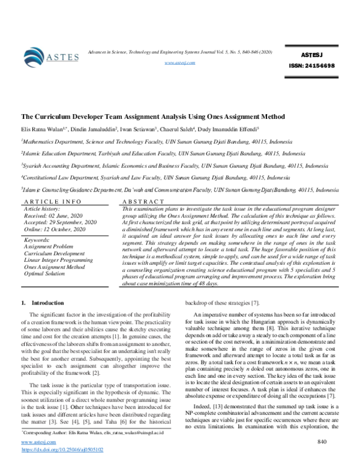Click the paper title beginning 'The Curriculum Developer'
(152, 116)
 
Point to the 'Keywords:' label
(36, 240)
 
